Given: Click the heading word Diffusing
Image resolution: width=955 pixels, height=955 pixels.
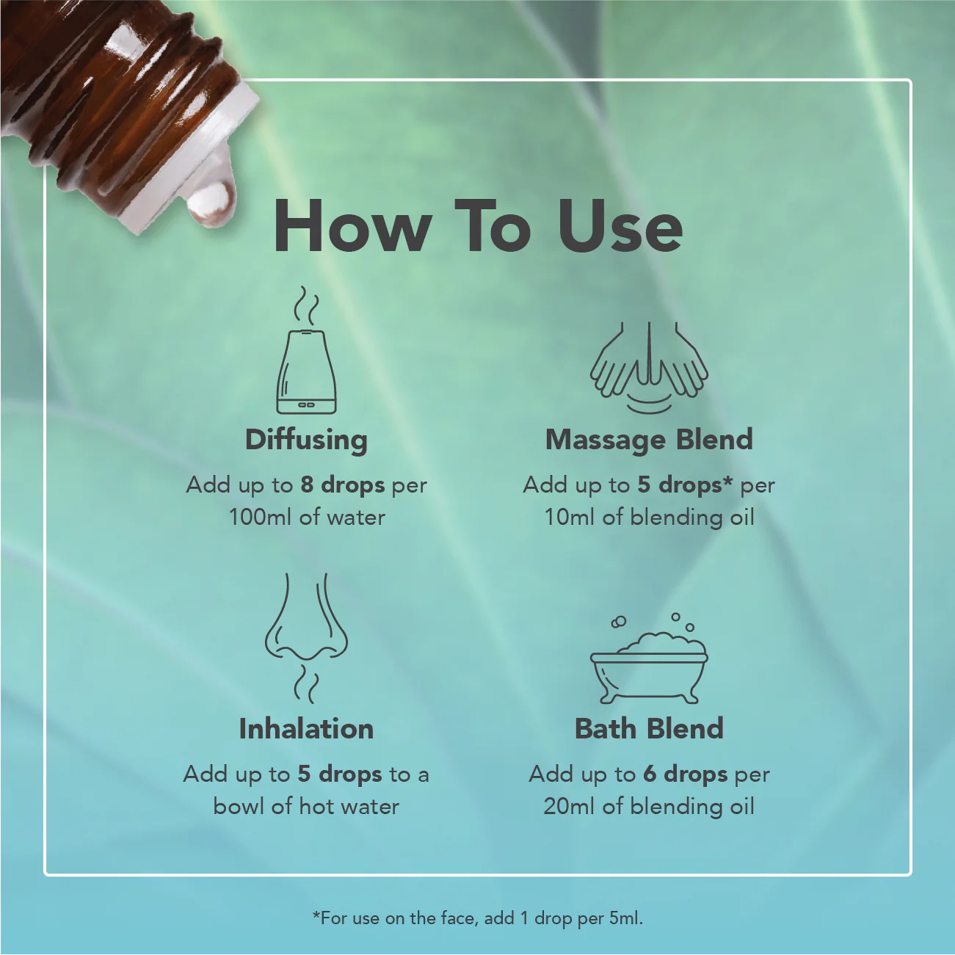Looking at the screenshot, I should tap(306, 440).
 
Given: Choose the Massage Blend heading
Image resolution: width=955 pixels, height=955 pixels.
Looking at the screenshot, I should tap(649, 440).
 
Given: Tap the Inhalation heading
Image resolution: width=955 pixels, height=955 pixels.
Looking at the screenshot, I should tap(306, 729).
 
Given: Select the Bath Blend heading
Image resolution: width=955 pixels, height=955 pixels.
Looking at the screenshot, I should tap(649, 729).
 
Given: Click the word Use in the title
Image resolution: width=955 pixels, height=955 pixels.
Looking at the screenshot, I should tap(620, 226).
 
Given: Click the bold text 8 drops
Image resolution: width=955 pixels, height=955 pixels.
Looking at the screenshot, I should tap(343, 485).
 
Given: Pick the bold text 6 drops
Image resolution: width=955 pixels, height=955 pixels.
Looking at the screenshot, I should tap(686, 774).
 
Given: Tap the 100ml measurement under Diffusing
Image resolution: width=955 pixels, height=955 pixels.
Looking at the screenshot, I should tap(261, 518).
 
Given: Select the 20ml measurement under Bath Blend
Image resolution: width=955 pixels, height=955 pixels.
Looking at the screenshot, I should tap(570, 807).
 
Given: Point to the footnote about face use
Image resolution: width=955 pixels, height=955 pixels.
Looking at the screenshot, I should tap(477, 918).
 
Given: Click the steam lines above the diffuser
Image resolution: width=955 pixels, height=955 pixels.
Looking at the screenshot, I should tap(307, 306).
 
